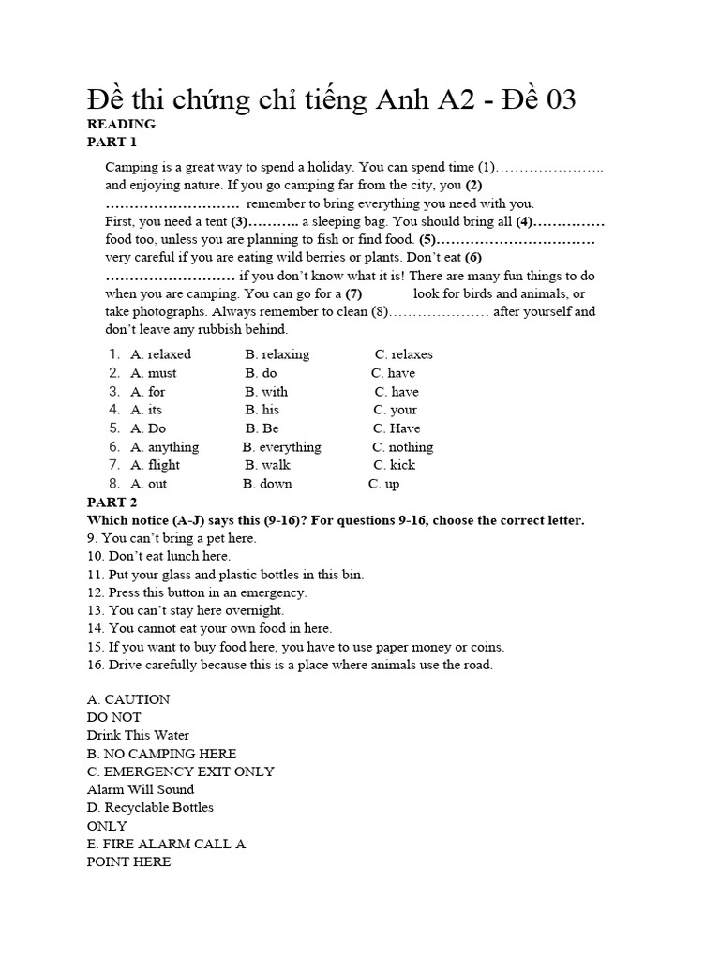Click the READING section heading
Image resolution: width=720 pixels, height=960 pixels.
121,124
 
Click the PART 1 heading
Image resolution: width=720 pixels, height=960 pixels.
112,142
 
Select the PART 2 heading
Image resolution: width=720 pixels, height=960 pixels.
112,502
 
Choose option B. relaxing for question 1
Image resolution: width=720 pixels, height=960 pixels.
277,354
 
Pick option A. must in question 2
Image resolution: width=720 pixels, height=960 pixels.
153,373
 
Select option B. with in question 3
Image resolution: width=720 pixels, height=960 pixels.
266,392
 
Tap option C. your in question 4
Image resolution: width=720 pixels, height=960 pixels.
395,410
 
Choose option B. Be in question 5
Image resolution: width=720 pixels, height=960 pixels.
262,428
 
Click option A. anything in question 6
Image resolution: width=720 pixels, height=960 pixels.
164,447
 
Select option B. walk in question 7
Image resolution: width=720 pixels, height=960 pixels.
267,465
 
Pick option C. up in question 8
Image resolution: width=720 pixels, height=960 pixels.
383,484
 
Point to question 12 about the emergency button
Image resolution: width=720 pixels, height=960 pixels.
197,592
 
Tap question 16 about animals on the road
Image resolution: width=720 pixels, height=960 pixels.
290,665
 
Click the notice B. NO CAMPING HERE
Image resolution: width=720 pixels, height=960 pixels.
161,754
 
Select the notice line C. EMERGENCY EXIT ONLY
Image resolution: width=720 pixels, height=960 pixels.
181,772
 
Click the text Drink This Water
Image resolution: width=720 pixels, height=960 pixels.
138,736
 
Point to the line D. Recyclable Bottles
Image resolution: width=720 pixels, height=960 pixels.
150,807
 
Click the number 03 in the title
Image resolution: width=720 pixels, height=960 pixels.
554,99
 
